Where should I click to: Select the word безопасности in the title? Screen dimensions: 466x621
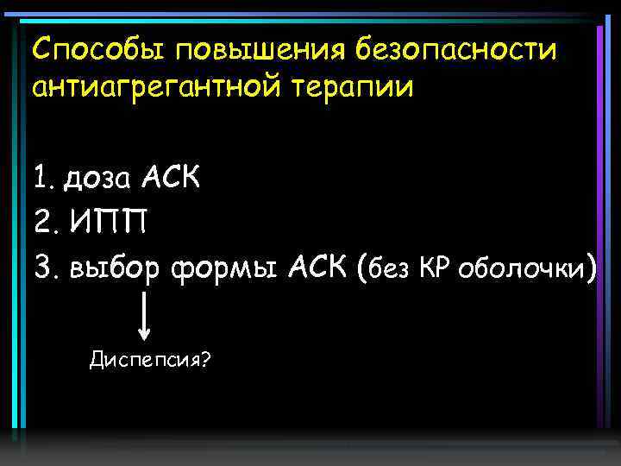(x=456, y=49)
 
